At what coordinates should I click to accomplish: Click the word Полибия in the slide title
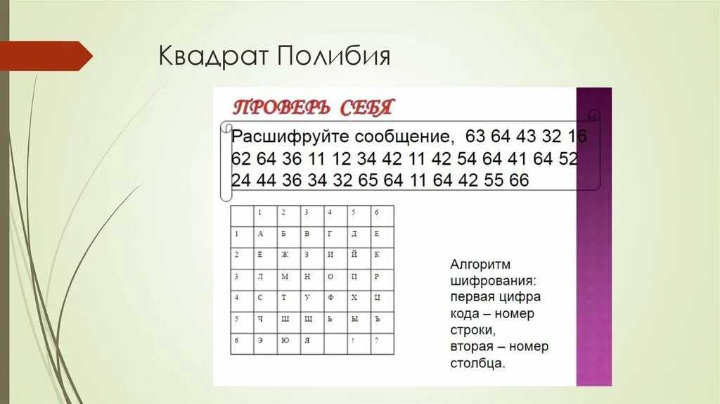click(x=334, y=56)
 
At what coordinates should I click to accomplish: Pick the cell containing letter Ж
click(x=284, y=254)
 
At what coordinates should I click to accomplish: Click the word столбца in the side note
click(x=477, y=364)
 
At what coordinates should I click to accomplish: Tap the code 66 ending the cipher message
click(x=518, y=180)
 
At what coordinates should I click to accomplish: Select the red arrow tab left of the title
click(x=45, y=56)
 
